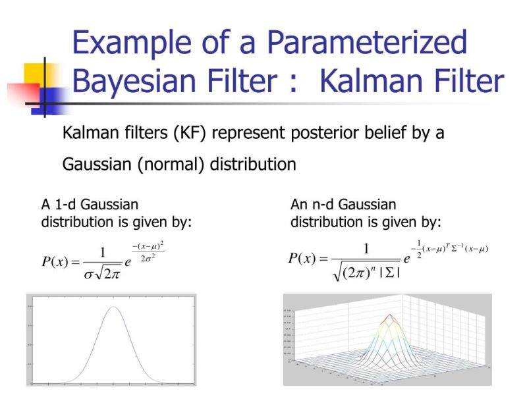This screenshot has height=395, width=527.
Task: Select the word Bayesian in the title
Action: [x=134, y=82]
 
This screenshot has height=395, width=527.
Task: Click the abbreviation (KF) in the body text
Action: [x=190, y=133]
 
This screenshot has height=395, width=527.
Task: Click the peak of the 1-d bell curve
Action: [x=114, y=307]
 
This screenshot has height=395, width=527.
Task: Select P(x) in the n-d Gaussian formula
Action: [x=305, y=258]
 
